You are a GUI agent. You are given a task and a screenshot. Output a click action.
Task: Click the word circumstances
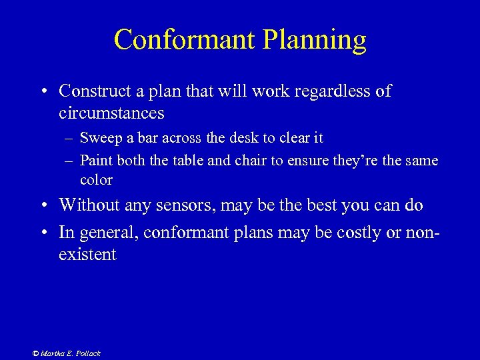click(111, 113)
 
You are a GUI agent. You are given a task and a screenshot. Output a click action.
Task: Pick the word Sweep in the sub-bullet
click(97, 138)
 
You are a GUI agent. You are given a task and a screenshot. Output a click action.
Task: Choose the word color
click(96, 180)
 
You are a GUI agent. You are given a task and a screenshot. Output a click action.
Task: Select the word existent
click(87, 254)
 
